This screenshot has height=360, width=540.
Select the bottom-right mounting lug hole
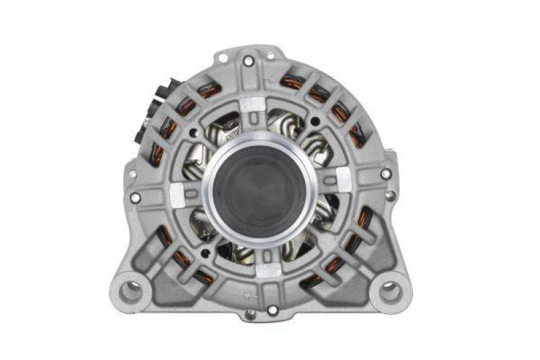coord(389,292)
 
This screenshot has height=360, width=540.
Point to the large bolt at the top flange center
coord(248,61)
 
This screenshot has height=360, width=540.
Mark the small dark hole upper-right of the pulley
coord(314,122)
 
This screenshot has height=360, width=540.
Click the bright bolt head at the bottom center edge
coord(272,309)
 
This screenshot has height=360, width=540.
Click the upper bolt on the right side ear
coord(385,174)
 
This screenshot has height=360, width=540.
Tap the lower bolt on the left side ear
coord(136,198)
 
